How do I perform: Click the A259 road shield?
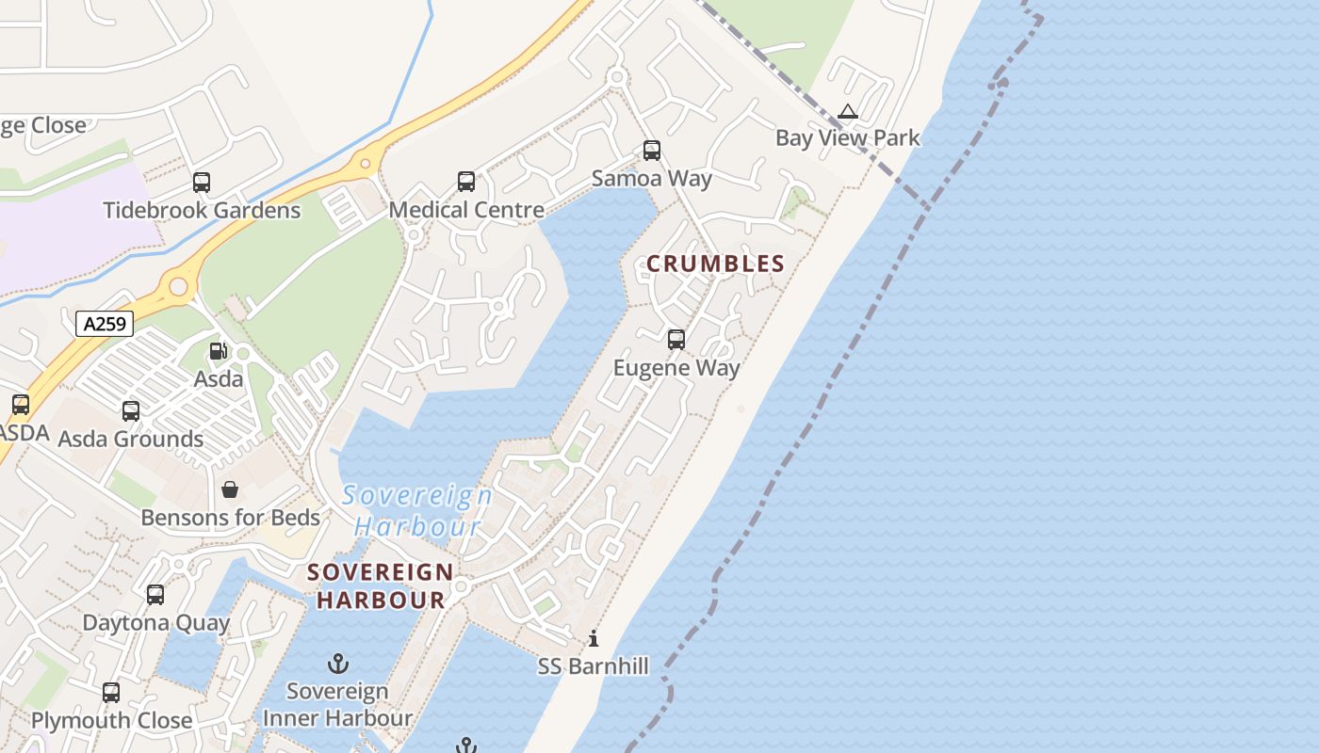[105, 325]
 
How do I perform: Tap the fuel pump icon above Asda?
[218, 351]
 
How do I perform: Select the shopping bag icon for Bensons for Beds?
[230, 489]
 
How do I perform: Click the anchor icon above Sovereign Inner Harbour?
[338, 665]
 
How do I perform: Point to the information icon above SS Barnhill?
[594, 639]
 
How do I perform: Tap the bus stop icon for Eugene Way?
[676, 340]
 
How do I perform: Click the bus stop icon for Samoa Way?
[652, 151]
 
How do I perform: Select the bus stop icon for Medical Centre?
[466, 182]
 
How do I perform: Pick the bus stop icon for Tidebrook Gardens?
[202, 183]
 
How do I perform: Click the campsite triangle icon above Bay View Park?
[848, 112]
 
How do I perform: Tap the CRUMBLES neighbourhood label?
[715, 264]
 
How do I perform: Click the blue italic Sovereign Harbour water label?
[417, 510]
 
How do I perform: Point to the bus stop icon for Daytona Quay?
[155, 595]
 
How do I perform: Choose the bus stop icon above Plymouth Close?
[111, 693]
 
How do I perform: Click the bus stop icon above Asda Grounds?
[131, 411]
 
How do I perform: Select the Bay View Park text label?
[847, 138]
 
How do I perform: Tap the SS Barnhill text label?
[594, 666]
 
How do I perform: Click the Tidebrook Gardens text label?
[202, 210]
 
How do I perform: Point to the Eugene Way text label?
[676, 368]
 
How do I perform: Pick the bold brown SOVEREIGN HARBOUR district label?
[381, 585]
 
